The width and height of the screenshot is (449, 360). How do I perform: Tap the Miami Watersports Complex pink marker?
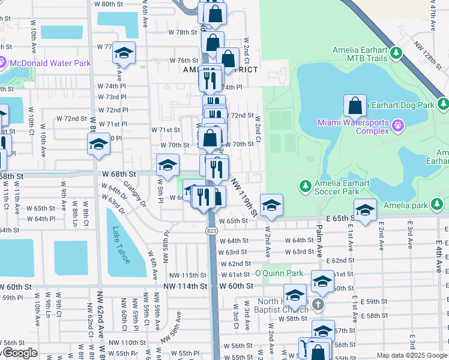(x=397, y=126)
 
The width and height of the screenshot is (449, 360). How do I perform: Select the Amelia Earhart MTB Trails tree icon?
(x=396, y=54)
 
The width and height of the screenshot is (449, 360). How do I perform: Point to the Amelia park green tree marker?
(x=438, y=205)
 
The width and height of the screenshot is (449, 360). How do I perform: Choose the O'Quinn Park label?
(x=279, y=273)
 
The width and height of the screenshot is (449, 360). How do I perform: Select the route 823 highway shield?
(x=213, y=230)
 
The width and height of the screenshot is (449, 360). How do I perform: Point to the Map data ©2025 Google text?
(x=412, y=355)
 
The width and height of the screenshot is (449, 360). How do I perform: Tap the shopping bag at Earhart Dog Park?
(x=355, y=106)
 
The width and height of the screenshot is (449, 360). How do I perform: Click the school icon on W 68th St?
(x=167, y=164)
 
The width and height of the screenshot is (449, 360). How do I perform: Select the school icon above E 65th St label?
(x=364, y=209)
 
